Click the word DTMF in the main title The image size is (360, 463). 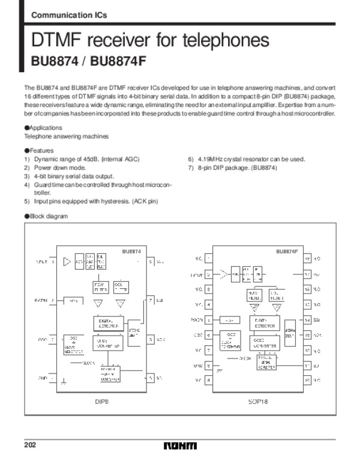point(58,41)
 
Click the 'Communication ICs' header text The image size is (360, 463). point(59,14)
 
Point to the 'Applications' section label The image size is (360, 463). point(44,128)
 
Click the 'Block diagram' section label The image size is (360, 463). point(46,216)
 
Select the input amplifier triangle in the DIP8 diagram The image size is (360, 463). point(67,262)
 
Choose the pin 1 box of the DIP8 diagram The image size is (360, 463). point(52,262)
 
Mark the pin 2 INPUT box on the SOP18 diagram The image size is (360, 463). point(208,274)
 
